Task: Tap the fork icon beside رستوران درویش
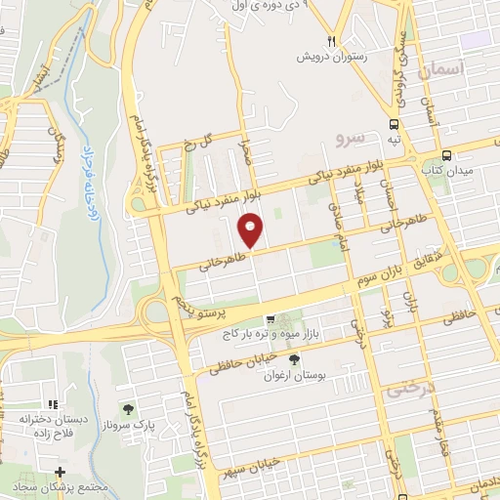pyautogui.click(x=331, y=41)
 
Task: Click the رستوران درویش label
pyautogui.click(x=332, y=56)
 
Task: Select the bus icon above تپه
pyautogui.click(x=394, y=124)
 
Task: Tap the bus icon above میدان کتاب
pyautogui.click(x=446, y=155)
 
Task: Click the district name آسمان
pyautogui.click(x=440, y=71)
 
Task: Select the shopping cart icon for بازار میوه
pyautogui.click(x=271, y=319)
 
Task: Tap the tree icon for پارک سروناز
pyautogui.click(x=127, y=408)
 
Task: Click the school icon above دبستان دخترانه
pyautogui.click(x=53, y=402)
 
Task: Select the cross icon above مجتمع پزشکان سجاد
pyautogui.click(x=60, y=472)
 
